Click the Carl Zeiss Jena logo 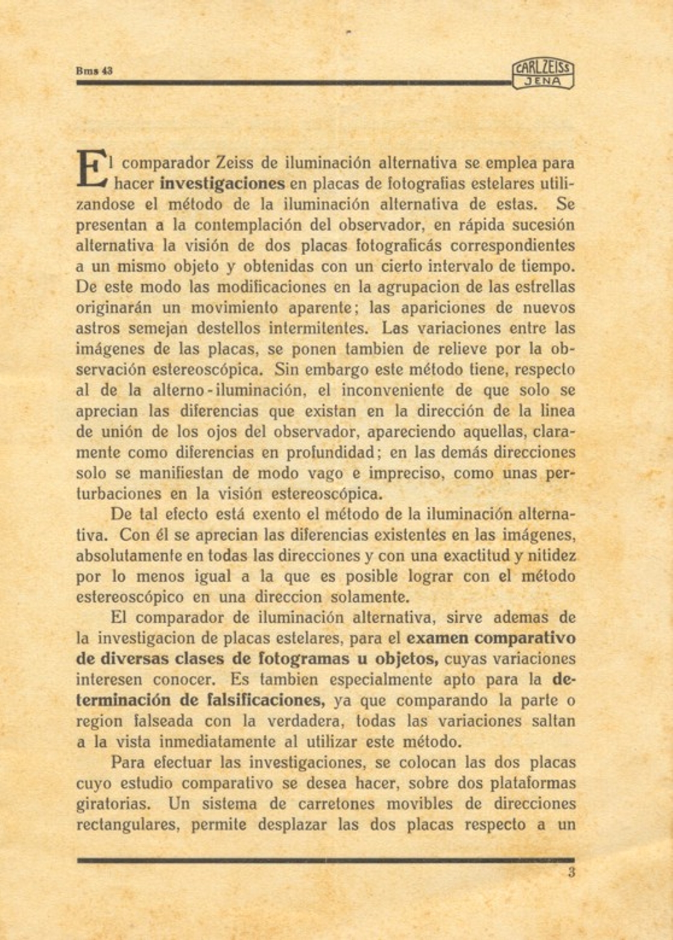tap(543, 75)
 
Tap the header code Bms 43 tap(94, 71)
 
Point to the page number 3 tap(571, 872)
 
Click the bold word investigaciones tap(223, 183)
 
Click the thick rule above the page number tap(326, 860)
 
